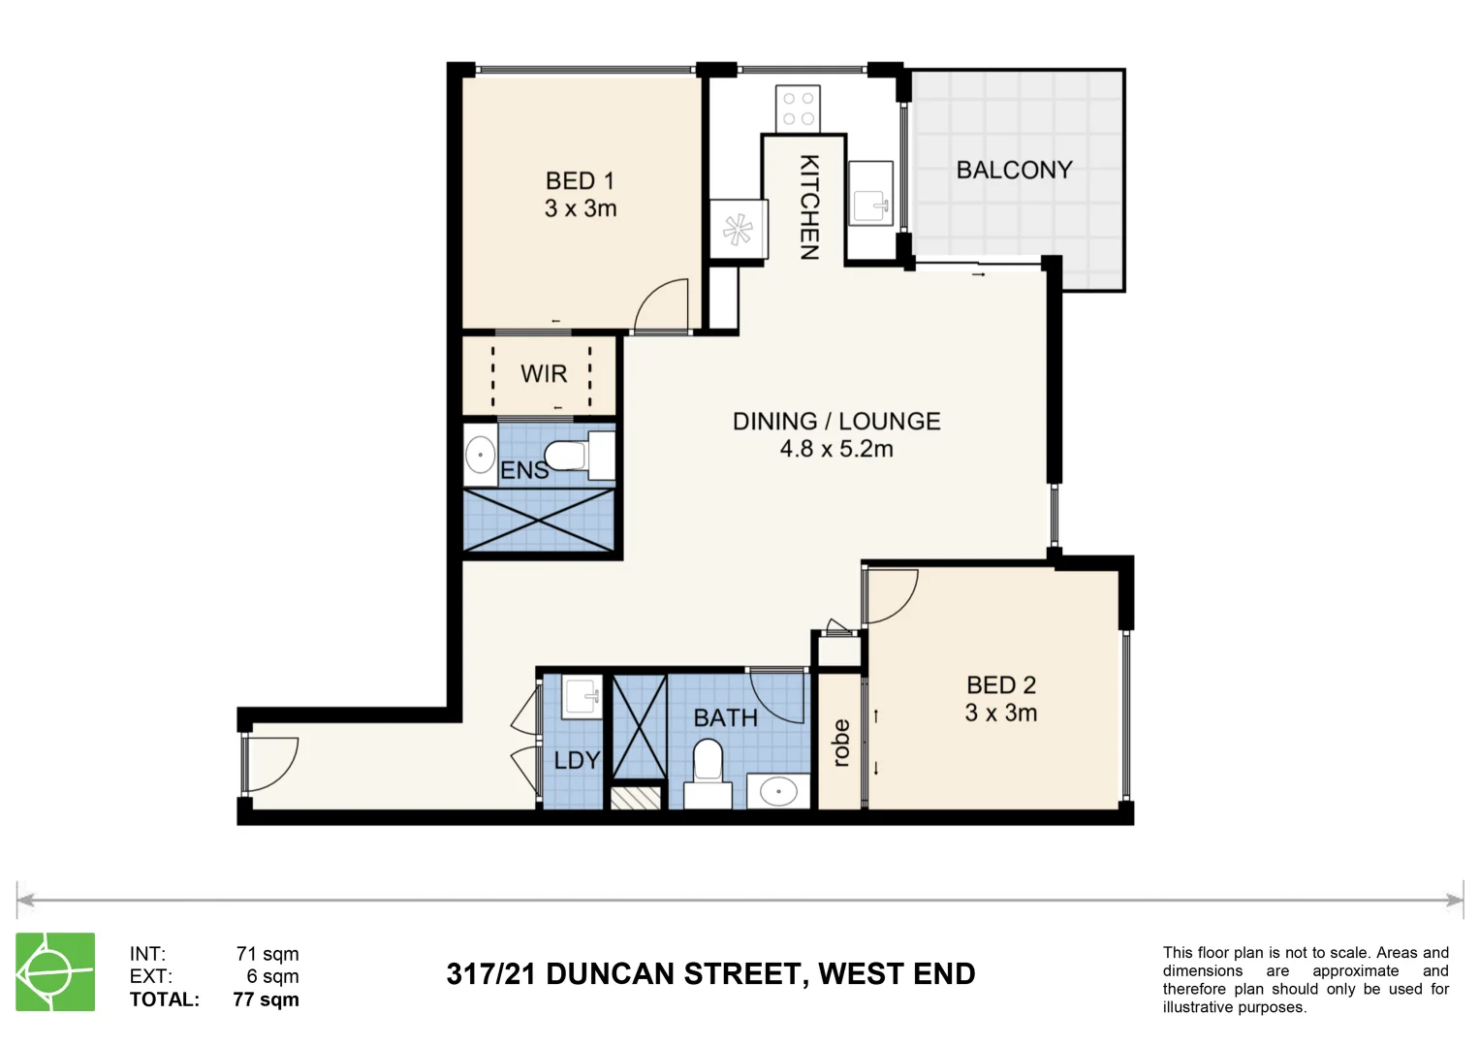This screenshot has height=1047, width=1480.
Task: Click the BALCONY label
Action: (x=1014, y=170)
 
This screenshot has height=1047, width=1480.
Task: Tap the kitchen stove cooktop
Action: (x=798, y=109)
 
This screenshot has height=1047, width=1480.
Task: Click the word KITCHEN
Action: (x=808, y=207)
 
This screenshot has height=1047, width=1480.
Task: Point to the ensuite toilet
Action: (x=572, y=455)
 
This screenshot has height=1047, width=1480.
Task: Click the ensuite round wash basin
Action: (x=480, y=455)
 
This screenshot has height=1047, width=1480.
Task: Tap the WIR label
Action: (x=543, y=374)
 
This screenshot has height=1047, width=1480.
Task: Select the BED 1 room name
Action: (x=580, y=181)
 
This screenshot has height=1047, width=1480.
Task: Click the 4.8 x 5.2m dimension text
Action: (x=836, y=449)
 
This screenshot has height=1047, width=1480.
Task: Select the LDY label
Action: (x=577, y=761)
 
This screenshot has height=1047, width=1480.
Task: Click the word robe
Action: (x=841, y=743)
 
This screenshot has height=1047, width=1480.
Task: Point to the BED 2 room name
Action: (x=1001, y=685)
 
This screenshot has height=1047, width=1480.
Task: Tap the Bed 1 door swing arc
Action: (x=663, y=304)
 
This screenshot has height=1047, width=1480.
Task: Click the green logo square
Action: (x=55, y=971)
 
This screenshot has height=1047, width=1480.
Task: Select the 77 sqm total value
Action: (x=266, y=999)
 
